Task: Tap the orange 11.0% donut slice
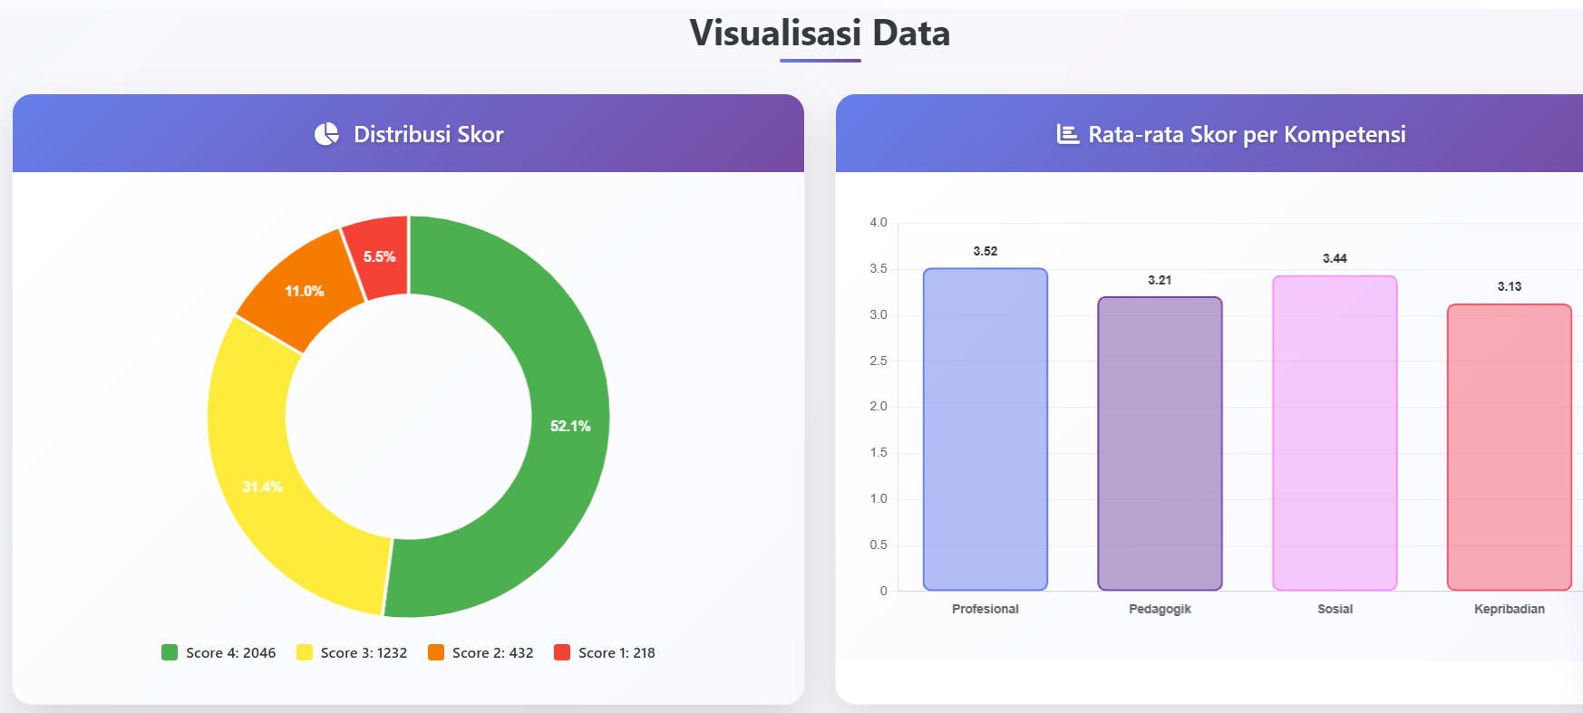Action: (304, 291)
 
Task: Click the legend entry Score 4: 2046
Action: (219, 652)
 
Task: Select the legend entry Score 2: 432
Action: (481, 652)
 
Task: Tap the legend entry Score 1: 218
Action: (605, 652)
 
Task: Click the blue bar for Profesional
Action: (986, 429)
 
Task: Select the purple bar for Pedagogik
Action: (1160, 444)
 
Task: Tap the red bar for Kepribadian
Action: (1510, 448)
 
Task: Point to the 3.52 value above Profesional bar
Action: (986, 251)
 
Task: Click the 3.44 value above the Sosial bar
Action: (1335, 258)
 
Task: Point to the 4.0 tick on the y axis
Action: (879, 222)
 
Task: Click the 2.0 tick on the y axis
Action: (879, 406)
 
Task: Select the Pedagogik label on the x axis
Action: (1160, 609)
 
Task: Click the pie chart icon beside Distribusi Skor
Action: (326, 134)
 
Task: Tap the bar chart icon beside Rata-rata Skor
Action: (1068, 134)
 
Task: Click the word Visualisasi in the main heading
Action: (775, 33)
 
